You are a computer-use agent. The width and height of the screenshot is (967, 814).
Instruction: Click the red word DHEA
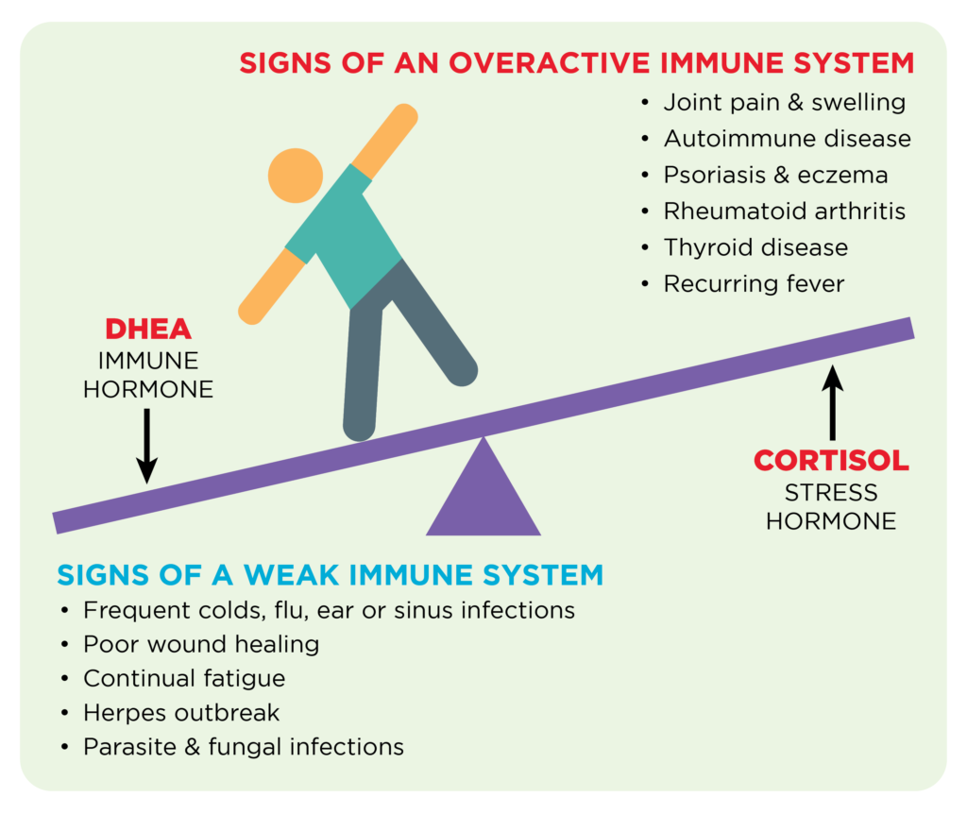tap(148, 330)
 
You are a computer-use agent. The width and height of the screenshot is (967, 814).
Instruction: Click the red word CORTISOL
tap(831, 461)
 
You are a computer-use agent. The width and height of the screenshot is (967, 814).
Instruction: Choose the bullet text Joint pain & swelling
tap(784, 102)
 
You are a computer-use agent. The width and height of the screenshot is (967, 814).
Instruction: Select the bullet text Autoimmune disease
tap(787, 139)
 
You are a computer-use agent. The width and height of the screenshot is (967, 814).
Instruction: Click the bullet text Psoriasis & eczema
tap(775, 175)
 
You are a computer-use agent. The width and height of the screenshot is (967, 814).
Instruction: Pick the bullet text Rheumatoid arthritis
tap(784, 211)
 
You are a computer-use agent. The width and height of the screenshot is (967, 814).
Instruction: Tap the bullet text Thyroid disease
tap(755, 247)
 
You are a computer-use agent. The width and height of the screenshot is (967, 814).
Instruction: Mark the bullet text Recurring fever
tap(754, 283)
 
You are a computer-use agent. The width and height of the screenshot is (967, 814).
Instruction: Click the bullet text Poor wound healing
tap(201, 644)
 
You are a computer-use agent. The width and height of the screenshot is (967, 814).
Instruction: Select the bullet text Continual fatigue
tap(184, 678)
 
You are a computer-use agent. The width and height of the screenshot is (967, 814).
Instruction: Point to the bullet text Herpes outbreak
tap(181, 712)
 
